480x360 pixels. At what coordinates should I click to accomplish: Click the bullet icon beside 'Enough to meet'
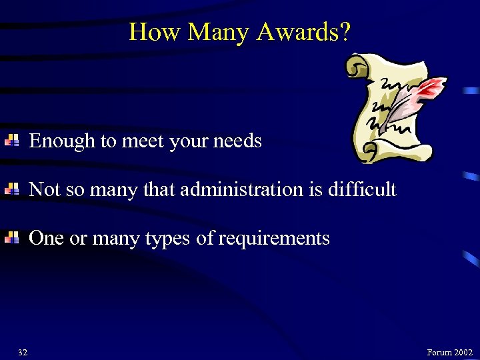coord(11,140)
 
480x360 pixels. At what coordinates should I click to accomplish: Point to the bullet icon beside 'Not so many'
coord(11,189)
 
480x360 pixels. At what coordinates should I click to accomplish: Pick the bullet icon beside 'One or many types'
coord(11,238)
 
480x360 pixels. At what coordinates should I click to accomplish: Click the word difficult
coord(362,189)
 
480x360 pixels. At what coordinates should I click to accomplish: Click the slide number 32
coord(23,352)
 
